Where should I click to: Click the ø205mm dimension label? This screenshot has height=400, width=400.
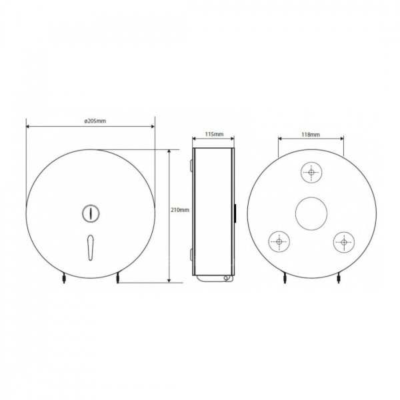95,121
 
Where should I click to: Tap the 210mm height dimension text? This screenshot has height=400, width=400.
180,210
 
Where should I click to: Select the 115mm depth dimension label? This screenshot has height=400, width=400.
214,134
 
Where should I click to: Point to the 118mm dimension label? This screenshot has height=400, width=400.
311,134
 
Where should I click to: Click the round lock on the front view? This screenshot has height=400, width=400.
91,213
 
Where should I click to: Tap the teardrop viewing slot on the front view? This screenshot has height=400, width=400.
91,247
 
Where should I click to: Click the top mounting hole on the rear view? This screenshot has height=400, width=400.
311,172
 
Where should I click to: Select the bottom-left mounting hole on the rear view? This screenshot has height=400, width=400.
279,241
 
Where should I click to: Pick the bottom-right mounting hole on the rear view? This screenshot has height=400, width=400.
344,242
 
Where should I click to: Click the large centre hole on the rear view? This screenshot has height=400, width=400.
311,213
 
